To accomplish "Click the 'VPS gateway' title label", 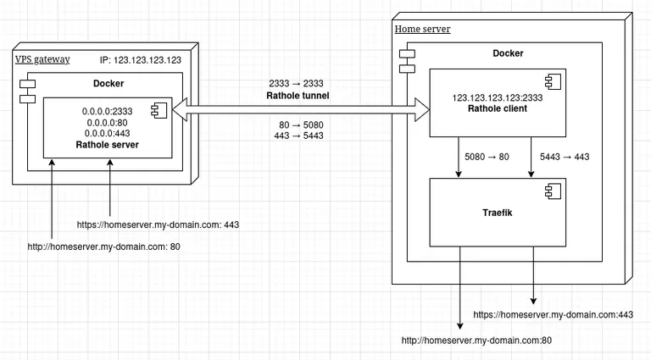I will [x=42, y=59].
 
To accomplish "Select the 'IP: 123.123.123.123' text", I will [x=140, y=60].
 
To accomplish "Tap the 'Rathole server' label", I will [x=108, y=145].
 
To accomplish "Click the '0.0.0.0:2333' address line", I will [x=108, y=111].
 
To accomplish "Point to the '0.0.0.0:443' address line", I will [x=108, y=133].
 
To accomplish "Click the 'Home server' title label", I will [x=422, y=30].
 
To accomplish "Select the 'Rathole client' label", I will [x=497, y=108].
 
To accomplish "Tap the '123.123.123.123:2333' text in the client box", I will [x=497, y=97].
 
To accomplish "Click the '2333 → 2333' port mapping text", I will [x=296, y=84].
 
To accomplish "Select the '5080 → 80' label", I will [x=487, y=157].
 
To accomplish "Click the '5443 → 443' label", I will [x=564, y=157].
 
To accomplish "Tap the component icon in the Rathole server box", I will [x=159, y=109].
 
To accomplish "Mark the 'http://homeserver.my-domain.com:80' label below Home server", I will [x=476, y=341].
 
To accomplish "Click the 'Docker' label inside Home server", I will [x=508, y=53].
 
